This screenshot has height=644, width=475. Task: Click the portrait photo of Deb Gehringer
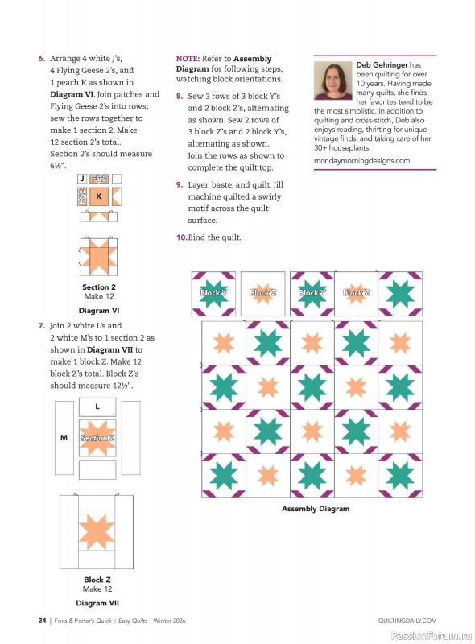333,80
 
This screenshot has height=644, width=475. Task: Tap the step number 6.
41,59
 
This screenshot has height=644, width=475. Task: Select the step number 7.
41,326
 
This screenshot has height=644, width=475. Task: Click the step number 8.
179,95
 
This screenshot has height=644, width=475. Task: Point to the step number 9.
179,184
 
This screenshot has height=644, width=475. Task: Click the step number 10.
181,237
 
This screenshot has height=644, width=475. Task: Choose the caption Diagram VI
99,310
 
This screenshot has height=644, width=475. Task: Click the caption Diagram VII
97,602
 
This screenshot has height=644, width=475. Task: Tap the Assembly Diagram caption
316,509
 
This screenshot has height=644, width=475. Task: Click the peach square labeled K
99,196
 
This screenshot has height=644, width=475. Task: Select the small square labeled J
81,179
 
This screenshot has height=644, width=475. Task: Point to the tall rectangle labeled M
64,438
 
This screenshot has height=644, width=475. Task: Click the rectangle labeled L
97,407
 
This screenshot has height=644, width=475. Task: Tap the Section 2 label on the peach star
97,438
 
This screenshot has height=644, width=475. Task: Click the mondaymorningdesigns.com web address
361,161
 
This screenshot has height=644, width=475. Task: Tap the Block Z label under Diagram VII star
97,580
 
